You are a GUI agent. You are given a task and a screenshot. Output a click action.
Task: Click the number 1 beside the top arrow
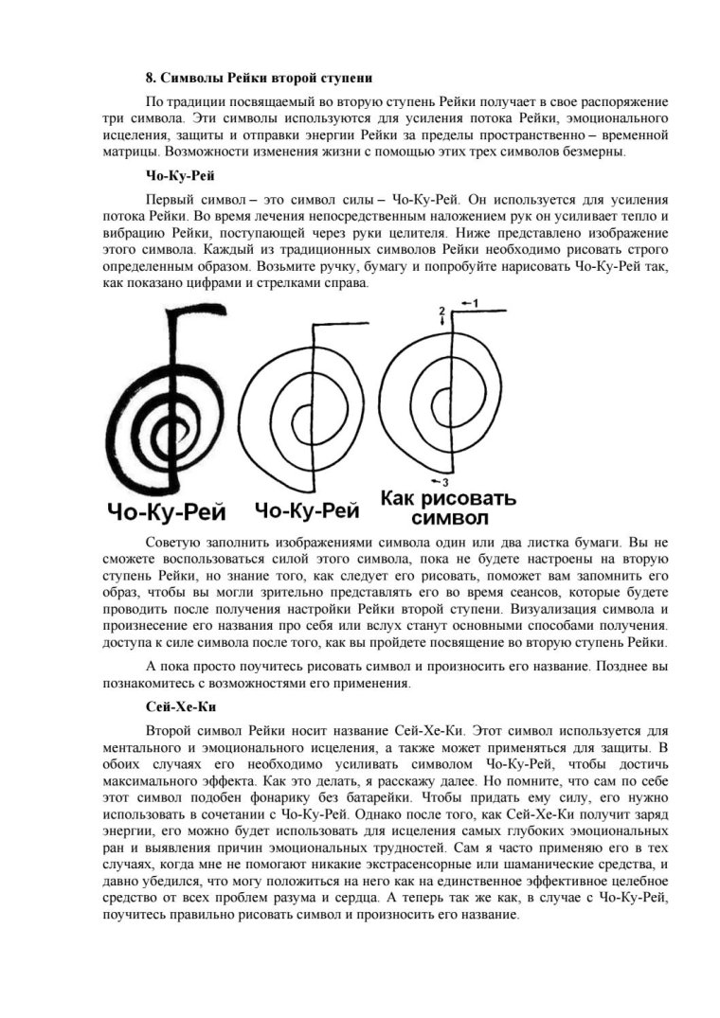477,302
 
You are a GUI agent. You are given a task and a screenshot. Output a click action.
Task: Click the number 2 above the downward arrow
441,311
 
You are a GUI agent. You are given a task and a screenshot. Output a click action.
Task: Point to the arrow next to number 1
461,302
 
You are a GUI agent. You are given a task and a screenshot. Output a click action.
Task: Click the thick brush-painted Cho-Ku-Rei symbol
166,399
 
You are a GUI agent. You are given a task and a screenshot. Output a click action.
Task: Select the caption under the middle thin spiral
307,512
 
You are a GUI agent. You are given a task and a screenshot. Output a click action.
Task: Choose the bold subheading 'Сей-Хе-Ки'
172,706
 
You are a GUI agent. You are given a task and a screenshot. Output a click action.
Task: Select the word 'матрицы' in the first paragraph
129,153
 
